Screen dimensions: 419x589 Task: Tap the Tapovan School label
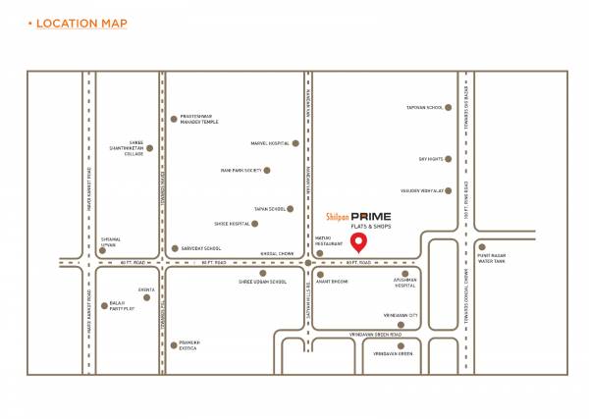point(421,108)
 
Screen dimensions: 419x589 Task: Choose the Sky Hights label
point(431,158)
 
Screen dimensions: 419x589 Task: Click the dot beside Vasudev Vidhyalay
point(451,189)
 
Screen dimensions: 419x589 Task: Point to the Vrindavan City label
point(401,315)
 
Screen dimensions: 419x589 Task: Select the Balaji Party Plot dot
point(90,305)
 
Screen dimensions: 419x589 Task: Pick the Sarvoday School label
point(201,249)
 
